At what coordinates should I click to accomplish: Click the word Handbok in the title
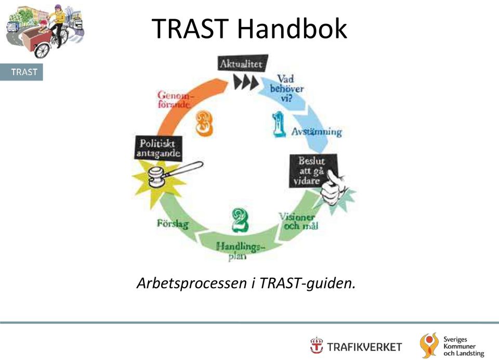pos(292,28)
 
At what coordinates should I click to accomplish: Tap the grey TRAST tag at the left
pos(21,72)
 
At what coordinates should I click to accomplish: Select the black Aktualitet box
pos(242,63)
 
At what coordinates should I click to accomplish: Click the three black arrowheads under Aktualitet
pos(246,83)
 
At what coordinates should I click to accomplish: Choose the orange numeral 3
pos(204,123)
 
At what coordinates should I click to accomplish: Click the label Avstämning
pos(317,132)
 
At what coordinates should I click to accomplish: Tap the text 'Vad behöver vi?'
pos(286,88)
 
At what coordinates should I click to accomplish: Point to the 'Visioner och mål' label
pos(298,222)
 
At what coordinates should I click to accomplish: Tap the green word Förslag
pos(173,224)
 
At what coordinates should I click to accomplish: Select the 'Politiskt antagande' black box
pos(159,148)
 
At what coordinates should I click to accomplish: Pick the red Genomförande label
pos(175,99)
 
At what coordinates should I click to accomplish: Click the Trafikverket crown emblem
pos(317,345)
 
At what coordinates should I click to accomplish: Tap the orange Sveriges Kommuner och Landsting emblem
pos(429,345)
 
